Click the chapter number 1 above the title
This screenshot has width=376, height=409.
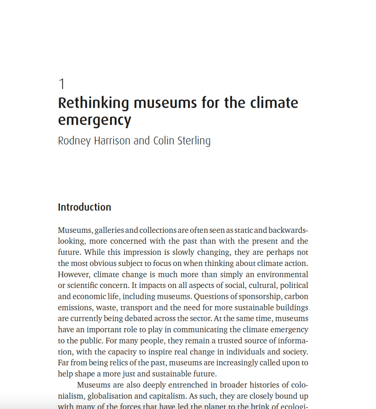coord(61,84)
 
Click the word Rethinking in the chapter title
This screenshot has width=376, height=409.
coord(94,103)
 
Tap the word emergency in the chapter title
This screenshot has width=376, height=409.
coord(95,120)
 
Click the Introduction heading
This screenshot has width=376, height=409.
coord(85,207)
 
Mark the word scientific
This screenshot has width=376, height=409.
coord(84,286)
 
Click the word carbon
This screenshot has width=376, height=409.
coord(296,297)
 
